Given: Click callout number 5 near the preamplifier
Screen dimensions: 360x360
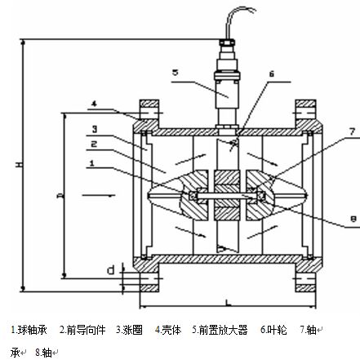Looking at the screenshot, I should coord(175,71).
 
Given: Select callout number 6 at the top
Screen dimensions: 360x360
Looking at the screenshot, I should coord(272,73).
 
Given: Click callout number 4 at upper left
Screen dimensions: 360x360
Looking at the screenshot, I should coord(95,104).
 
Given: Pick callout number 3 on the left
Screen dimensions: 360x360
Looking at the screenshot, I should coord(95,128).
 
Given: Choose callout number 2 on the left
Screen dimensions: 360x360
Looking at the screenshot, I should coord(95,144).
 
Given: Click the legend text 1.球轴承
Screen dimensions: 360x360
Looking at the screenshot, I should coord(28,330).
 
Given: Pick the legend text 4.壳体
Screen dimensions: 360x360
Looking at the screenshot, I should coord(167,330).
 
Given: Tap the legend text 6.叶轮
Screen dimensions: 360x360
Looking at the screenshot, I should coord(273,330).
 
